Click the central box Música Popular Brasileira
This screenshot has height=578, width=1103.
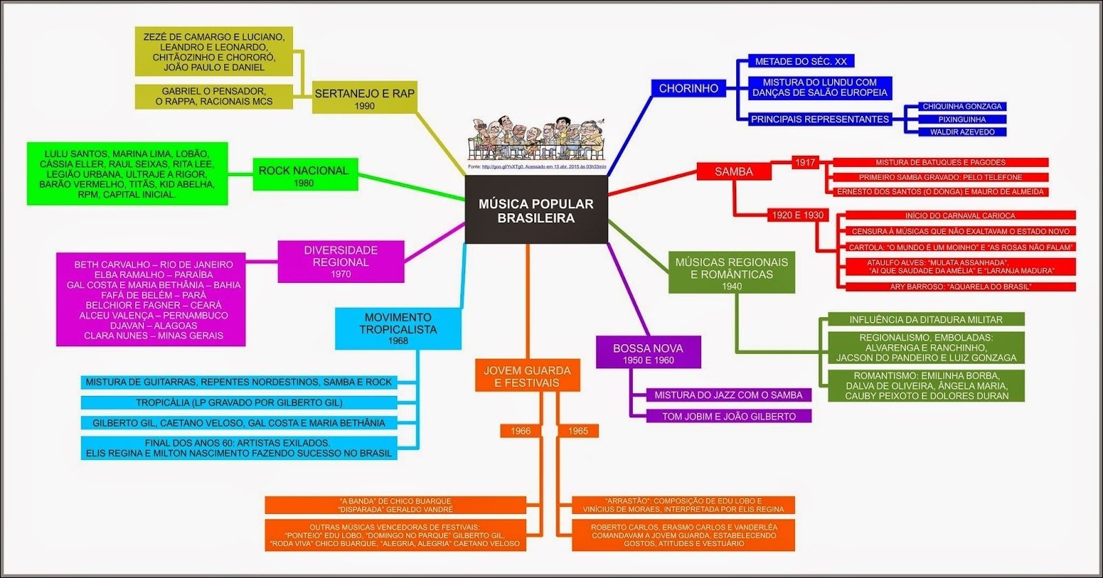(x=536, y=210)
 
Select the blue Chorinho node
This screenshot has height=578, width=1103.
(x=688, y=88)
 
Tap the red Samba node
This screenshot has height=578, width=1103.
(x=733, y=172)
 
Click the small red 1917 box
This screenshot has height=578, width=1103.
(x=805, y=163)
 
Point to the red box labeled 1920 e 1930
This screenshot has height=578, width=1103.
(x=798, y=215)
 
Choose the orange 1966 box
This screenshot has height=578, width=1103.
(x=520, y=431)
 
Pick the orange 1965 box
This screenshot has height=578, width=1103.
(x=578, y=431)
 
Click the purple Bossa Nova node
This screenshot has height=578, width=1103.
(x=648, y=353)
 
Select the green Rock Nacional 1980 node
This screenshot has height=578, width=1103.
(x=303, y=176)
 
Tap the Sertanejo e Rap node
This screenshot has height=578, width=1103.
(x=364, y=99)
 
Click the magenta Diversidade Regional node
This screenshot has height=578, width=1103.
(x=341, y=261)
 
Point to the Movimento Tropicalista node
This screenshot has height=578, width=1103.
(x=398, y=328)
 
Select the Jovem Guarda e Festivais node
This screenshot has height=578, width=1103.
(x=527, y=376)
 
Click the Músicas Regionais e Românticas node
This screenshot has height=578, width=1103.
(x=731, y=273)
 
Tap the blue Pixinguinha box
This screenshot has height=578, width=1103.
(x=962, y=119)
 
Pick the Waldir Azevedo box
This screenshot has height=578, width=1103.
(x=962, y=132)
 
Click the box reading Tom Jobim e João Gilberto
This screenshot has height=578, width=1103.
(x=729, y=417)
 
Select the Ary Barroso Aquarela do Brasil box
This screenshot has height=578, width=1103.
(x=960, y=287)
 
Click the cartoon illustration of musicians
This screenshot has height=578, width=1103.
(x=537, y=138)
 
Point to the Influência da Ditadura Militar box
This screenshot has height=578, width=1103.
(x=926, y=320)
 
